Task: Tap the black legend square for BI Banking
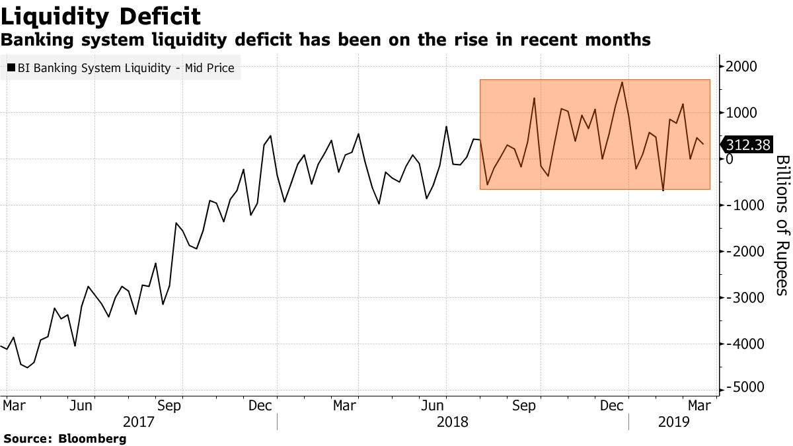point(11,67)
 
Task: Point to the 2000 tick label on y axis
point(742,67)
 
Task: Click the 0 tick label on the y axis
point(729,159)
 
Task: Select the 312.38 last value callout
point(748,145)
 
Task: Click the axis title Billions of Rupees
point(781,225)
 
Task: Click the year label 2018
point(452,421)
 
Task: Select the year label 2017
point(139,421)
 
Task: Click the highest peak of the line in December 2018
point(622,82)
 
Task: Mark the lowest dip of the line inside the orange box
point(663,190)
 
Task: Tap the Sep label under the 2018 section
point(523,406)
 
